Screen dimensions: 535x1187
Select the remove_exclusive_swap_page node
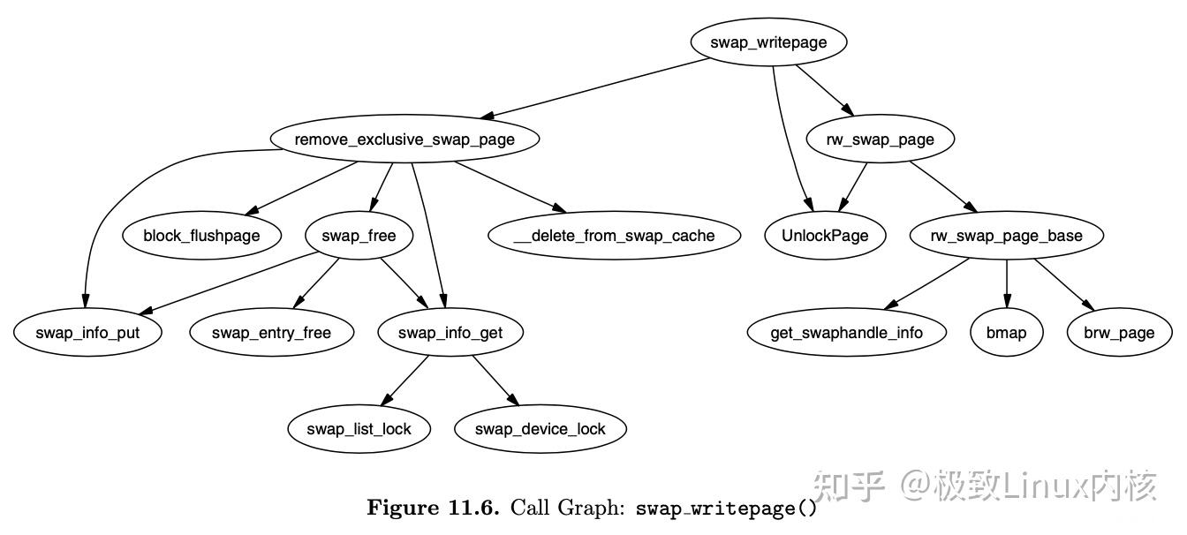pyautogui.click(x=404, y=139)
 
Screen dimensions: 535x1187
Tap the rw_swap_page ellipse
pyautogui.click(x=880, y=139)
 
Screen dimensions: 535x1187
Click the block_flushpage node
pyautogui.click(x=201, y=236)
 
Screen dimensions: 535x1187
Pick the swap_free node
pyautogui.click(x=359, y=236)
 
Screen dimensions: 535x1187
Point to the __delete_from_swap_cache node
pyautogui.click(x=614, y=236)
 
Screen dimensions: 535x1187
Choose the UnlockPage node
pyautogui.click(x=825, y=236)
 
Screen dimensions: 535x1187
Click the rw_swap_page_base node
pyautogui.click(x=1006, y=236)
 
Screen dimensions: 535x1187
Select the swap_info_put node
pyautogui.click(x=87, y=333)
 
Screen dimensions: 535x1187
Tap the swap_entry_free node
pyautogui.click(x=271, y=333)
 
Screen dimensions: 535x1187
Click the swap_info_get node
pyautogui.click(x=450, y=333)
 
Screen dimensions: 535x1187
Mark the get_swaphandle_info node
pyautogui.click(x=846, y=333)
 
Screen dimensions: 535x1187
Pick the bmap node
pyautogui.click(x=1006, y=333)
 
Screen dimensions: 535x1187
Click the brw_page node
pyautogui.click(x=1119, y=333)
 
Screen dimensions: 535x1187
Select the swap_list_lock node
pyautogui.click(x=359, y=429)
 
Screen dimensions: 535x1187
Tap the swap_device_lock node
pyautogui.click(x=540, y=429)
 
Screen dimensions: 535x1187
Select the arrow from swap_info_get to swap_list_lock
pyautogui.click(x=406, y=380)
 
